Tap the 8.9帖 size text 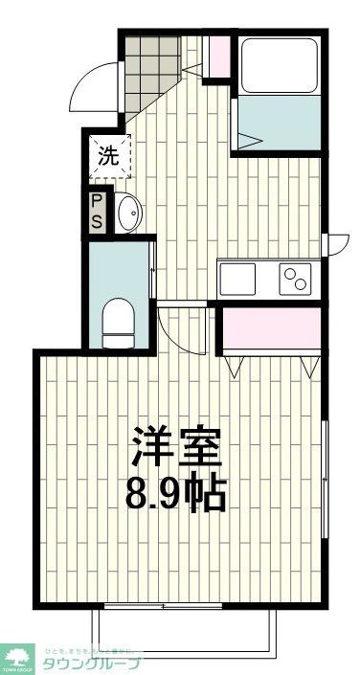coord(177,493)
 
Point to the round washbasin coord(127,213)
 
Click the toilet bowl coord(117,322)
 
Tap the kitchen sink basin coord(237,280)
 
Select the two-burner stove coord(295,280)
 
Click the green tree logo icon coord(16,655)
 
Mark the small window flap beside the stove coord(337,246)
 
